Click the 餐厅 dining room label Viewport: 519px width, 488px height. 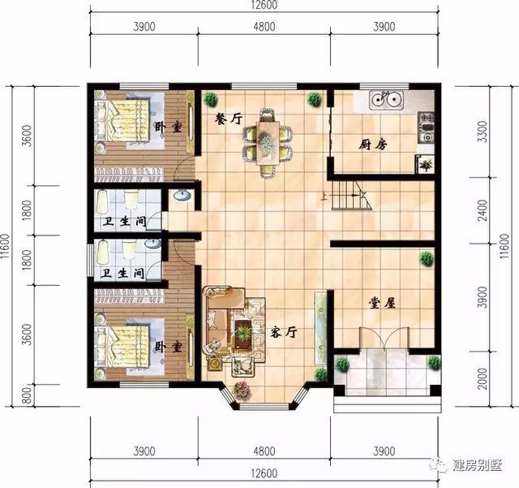pyautogui.click(x=229, y=119)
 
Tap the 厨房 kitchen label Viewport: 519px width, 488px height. pyautogui.click(x=373, y=145)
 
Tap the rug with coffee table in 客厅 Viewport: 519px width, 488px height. pyautogui.click(x=242, y=329)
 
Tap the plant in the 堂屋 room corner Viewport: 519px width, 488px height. pyautogui.click(x=426, y=258)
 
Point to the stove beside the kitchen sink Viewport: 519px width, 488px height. pyautogui.click(x=427, y=126)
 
